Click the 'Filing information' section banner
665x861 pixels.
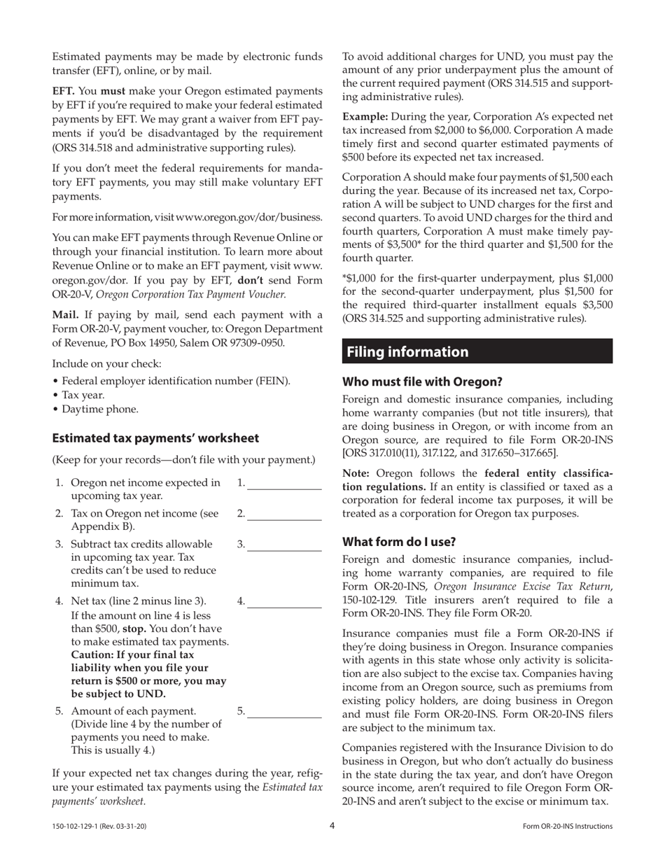477,351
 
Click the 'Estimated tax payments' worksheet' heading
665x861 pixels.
155,438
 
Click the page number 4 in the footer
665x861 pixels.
332,826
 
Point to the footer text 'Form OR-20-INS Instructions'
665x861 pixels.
568,827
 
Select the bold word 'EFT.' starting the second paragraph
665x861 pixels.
64,91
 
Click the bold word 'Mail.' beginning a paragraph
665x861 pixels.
66,314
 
